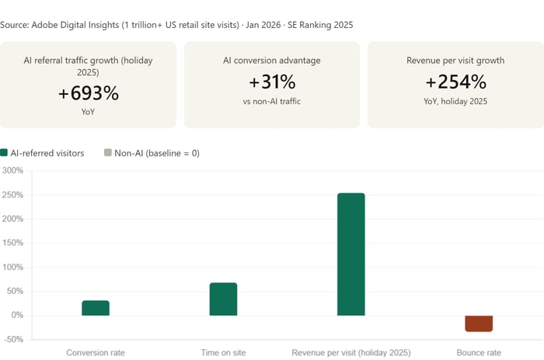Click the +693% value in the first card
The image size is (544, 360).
click(x=89, y=93)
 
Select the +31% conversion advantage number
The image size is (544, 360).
click(x=272, y=82)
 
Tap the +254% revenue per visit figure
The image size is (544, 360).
click(x=455, y=82)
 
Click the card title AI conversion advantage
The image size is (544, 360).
click(x=272, y=60)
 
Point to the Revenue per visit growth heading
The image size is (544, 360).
click(x=455, y=60)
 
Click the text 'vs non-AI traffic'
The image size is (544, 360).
click(x=272, y=101)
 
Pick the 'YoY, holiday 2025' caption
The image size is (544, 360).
click(x=455, y=101)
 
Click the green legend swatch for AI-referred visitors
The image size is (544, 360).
click(x=5, y=153)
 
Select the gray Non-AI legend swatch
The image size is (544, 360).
click(x=108, y=153)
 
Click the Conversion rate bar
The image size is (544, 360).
click(x=96, y=308)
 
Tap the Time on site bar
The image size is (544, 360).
click(x=223, y=299)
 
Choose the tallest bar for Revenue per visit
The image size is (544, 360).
click(x=350, y=254)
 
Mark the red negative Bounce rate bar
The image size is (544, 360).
click(x=479, y=323)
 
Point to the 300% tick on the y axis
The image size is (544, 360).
click(x=13, y=171)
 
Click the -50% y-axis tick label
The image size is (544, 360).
click(x=13, y=340)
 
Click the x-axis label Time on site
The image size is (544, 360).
click(x=223, y=352)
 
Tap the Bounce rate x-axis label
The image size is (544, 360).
click(x=479, y=352)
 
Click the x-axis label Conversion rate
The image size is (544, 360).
click(x=96, y=352)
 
